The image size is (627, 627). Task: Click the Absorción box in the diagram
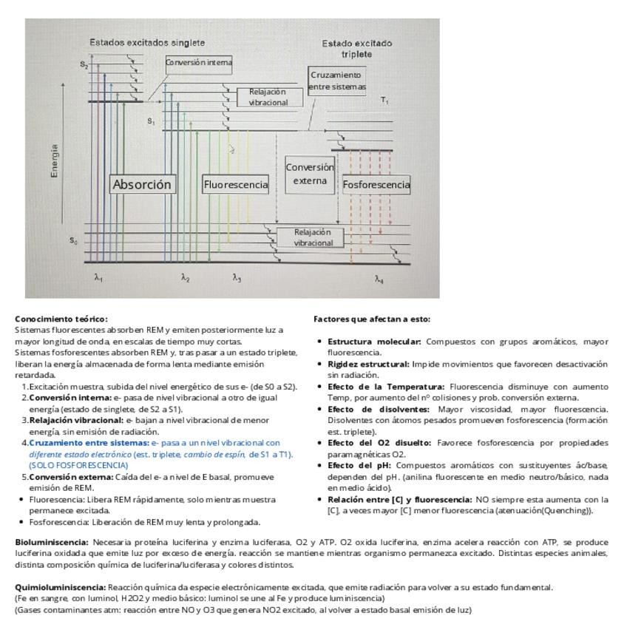[x=143, y=185]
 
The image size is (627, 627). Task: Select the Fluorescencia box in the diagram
[x=236, y=185]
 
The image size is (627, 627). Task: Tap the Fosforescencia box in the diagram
[x=376, y=185]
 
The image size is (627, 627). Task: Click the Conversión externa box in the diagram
[x=310, y=174]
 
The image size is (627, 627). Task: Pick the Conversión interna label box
[x=199, y=63]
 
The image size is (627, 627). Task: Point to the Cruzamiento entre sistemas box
[x=336, y=81]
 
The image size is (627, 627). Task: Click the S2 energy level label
[x=84, y=65]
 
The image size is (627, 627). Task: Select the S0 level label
[x=73, y=240]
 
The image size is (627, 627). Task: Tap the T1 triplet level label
[x=384, y=100]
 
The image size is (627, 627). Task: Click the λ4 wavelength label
[x=379, y=279]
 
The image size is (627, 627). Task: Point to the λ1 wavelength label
[x=98, y=278]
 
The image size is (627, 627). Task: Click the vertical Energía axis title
[x=54, y=160]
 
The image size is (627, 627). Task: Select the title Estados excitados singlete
[x=147, y=43]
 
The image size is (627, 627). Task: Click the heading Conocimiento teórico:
[x=61, y=319]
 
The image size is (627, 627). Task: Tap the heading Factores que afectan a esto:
[x=372, y=319]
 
